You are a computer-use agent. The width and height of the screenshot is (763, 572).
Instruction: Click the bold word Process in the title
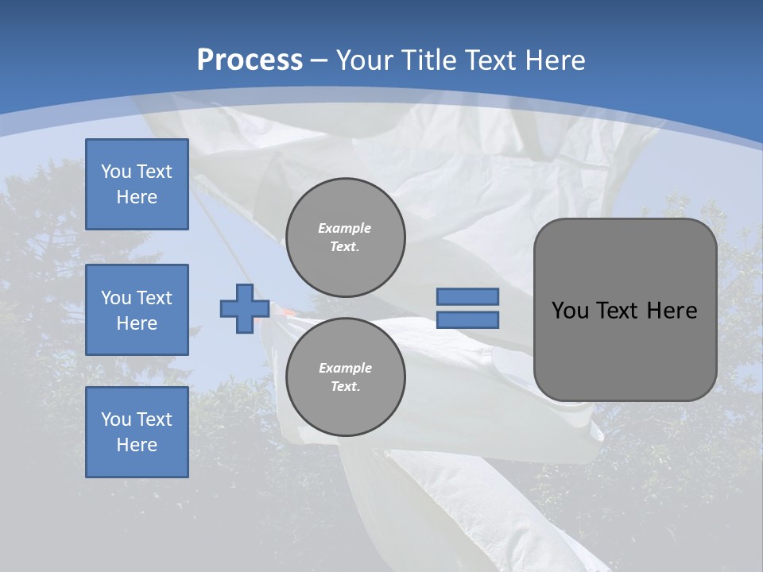pyautogui.click(x=250, y=60)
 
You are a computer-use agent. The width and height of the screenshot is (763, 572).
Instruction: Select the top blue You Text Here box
pyautogui.click(x=137, y=184)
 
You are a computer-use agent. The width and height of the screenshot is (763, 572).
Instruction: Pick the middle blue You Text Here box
pyautogui.click(x=137, y=310)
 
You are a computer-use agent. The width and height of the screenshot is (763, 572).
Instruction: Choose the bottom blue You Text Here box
pyautogui.click(x=137, y=432)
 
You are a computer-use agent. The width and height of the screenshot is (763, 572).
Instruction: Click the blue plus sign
pyautogui.click(x=244, y=309)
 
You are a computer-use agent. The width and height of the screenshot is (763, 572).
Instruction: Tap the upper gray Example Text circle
pyautogui.click(x=345, y=237)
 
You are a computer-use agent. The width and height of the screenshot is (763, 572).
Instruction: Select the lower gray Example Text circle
pyautogui.click(x=345, y=377)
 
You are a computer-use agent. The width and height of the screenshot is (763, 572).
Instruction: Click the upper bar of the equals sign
pyautogui.click(x=467, y=296)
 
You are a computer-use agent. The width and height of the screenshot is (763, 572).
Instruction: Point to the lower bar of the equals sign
pyautogui.click(x=467, y=320)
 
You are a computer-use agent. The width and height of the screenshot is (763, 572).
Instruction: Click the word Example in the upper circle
pyautogui.click(x=345, y=228)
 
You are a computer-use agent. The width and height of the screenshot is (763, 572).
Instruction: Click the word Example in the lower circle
pyautogui.click(x=345, y=368)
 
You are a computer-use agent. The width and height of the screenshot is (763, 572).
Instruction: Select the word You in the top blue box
pyautogui.click(x=116, y=172)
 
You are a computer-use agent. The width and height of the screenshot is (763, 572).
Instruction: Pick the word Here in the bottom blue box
pyautogui.click(x=137, y=445)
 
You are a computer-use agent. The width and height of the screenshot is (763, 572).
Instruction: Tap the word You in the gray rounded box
pyautogui.click(x=570, y=311)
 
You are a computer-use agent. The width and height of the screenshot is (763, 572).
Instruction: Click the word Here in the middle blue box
pyautogui.click(x=137, y=323)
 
